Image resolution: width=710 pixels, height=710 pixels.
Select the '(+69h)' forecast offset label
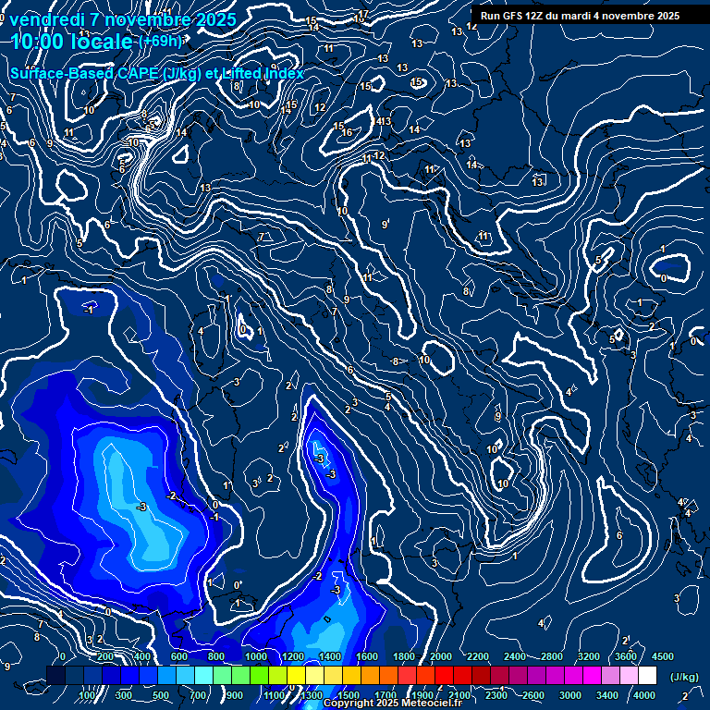pyautogui.click(x=160, y=41)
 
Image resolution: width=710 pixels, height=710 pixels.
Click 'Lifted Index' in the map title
pyautogui.click(x=263, y=73)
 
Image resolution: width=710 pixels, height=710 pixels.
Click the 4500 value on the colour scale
pyautogui.click(x=663, y=656)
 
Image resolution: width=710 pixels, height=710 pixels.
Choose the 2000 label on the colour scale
pyautogui.click(x=441, y=656)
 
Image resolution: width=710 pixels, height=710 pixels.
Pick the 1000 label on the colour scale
pyautogui.click(x=256, y=656)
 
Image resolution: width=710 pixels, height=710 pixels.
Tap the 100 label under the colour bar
pyautogui.click(x=89, y=695)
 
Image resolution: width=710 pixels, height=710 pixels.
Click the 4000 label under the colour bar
pyautogui.click(x=644, y=695)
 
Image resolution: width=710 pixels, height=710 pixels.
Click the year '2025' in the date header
pyautogui.click(x=214, y=19)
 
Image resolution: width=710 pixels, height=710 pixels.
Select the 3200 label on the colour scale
pyautogui.click(x=589, y=656)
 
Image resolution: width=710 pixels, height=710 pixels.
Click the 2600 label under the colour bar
pyautogui.click(x=533, y=695)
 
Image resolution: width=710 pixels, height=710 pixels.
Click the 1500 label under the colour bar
pyautogui.click(x=349, y=695)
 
